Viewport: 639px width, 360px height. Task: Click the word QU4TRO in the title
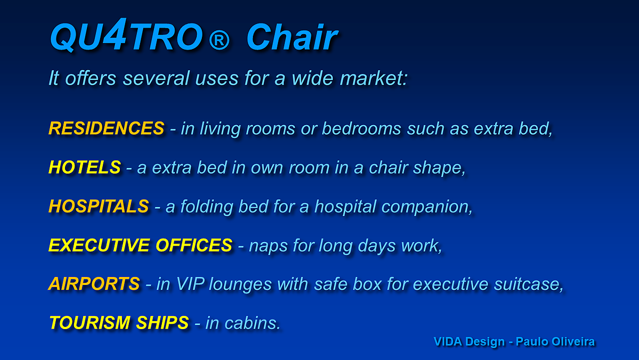pyautogui.click(x=126, y=35)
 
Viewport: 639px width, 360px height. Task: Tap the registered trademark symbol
pyautogui.click(x=219, y=39)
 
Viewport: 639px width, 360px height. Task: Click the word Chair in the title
pyautogui.click(x=292, y=37)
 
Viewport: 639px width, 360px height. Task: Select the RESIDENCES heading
pyautogui.click(x=106, y=128)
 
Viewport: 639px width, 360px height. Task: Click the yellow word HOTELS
pyautogui.click(x=85, y=167)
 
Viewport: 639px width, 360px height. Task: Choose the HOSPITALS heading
pyautogui.click(x=99, y=206)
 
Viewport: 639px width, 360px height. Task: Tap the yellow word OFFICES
pyautogui.click(x=194, y=245)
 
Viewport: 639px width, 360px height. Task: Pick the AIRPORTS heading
pyautogui.click(x=94, y=284)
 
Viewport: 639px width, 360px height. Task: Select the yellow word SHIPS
pyautogui.click(x=162, y=323)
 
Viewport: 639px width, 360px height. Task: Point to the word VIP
pyautogui.click(x=190, y=284)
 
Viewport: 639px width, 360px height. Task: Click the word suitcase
pyautogui.click(x=529, y=284)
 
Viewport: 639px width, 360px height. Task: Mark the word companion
pyautogui.click(x=427, y=207)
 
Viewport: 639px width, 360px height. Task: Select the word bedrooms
pyautogui.click(x=362, y=128)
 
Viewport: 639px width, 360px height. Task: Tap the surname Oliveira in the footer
pyautogui.click(x=573, y=341)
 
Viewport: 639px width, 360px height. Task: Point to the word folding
pyautogui.click(x=207, y=207)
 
